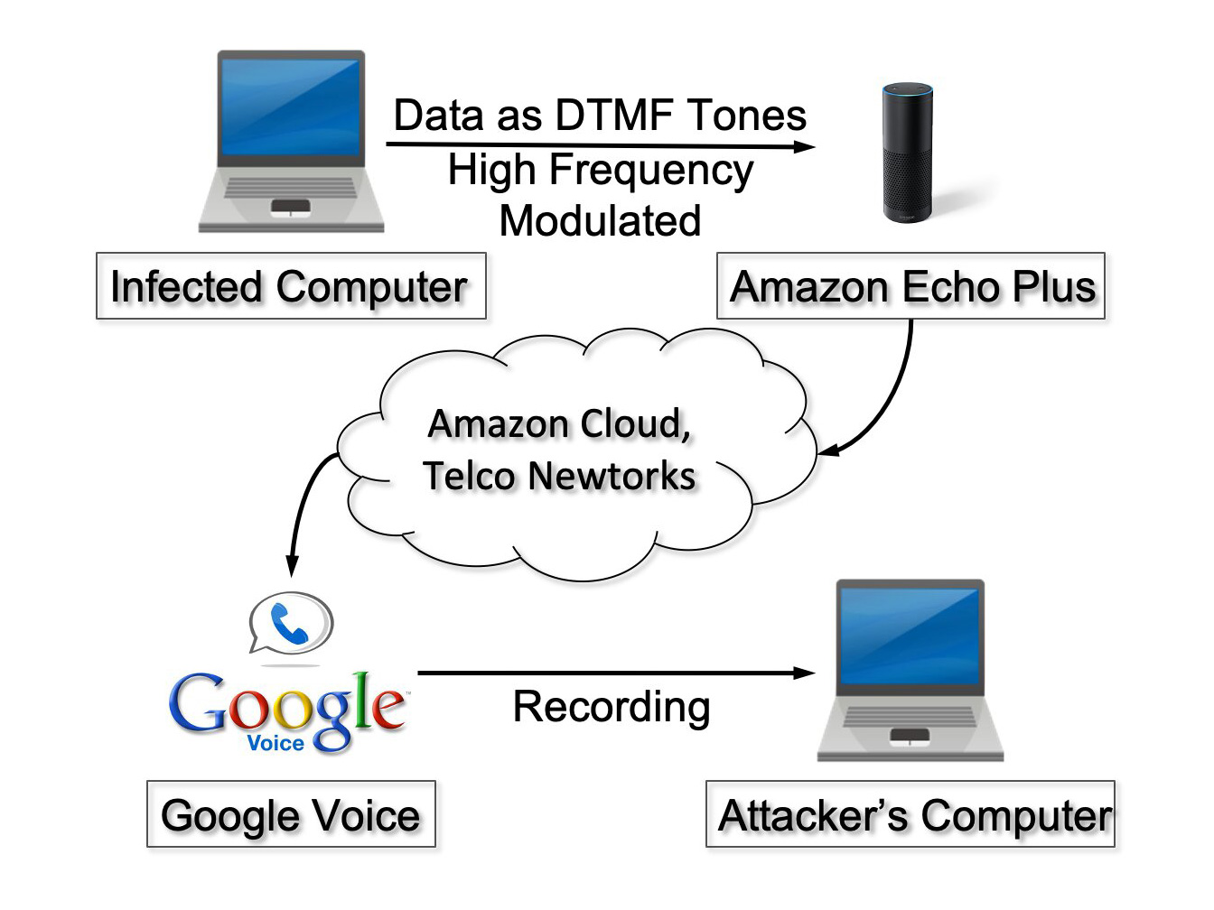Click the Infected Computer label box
pyautogui.click(x=291, y=286)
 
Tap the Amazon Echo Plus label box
pyautogui.click(x=910, y=286)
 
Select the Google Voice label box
pyautogui.click(x=291, y=814)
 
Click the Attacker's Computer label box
pyautogui.click(x=910, y=814)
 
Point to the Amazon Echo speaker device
pyautogui.click(x=908, y=153)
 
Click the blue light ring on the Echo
pyautogui.click(x=908, y=89)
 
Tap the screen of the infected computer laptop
pyautogui.click(x=291, y=107)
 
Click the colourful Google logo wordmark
pyautogui.click(x=287, y=704)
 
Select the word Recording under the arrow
pyautogui.click(x=612, y=707)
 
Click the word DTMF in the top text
pyautogui.click(x=614, y=116)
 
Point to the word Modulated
pyautogui.click(x=600, y=221)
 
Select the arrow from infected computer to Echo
pyautogui.click(x=600, y=144)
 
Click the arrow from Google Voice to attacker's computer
pyautogui.click(x=614, y=673)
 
